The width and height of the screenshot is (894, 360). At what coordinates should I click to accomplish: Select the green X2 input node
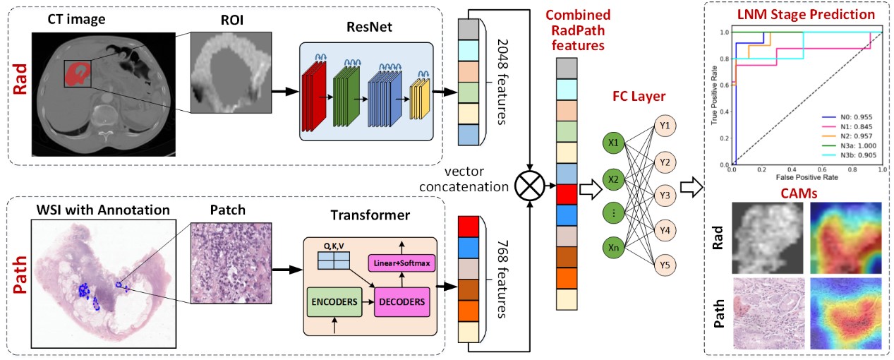click(x=612, y=179)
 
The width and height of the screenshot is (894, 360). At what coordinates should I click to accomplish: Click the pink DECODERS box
click(x=400, y=302)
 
